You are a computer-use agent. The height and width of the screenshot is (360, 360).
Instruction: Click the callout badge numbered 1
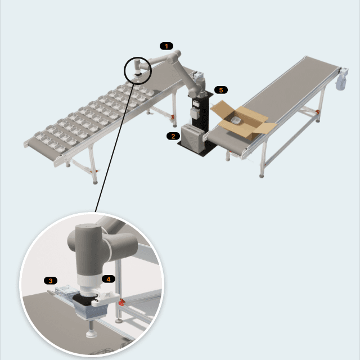(166, 46)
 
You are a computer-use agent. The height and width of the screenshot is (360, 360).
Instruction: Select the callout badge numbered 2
(173, 136)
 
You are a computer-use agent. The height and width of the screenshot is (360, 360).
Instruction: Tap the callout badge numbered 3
(51, 281)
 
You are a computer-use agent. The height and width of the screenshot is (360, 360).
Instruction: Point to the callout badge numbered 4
(109, 279)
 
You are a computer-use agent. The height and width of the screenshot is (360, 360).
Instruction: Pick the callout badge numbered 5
(221, 90)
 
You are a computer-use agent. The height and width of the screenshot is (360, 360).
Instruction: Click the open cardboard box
(244, 119)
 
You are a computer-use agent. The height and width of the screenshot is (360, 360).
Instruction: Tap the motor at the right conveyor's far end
(341, 78)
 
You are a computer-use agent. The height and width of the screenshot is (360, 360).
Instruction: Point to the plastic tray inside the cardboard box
(236, 120)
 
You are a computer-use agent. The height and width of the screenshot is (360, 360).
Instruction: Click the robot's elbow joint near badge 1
(174, 56)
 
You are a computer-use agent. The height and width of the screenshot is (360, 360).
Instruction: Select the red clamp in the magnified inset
(121, 302)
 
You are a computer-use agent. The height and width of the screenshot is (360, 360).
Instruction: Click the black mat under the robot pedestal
(197, 147)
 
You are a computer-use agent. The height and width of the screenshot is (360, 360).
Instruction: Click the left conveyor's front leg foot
(95, 182)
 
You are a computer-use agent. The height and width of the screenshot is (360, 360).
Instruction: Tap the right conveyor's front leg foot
(262, 176)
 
